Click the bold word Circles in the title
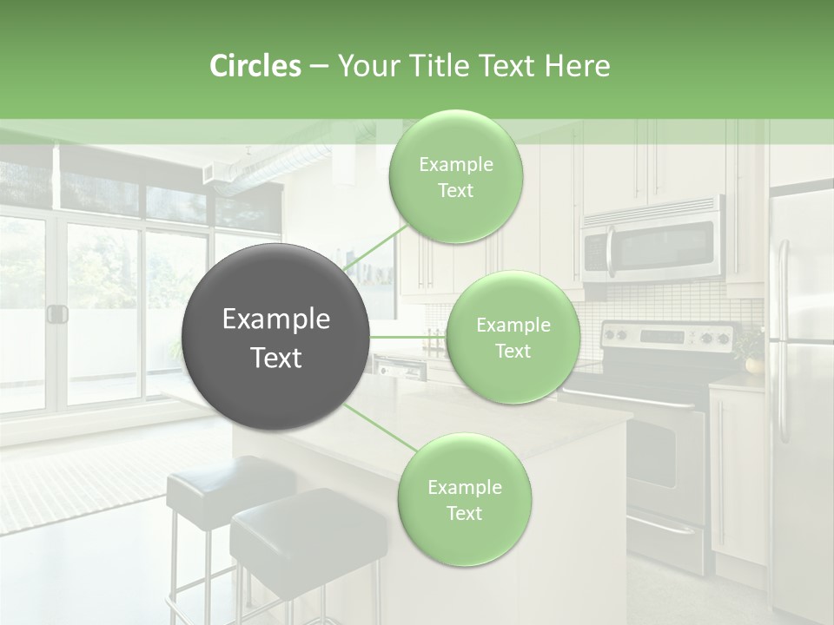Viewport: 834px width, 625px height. (255, 66)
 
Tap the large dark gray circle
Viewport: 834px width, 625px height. (276, 337)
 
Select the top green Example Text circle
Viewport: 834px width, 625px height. (455, 176)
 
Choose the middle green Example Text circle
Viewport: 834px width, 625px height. (513, 337)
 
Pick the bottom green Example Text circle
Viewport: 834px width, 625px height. (464, 499)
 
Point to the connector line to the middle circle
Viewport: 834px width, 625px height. (407, 337)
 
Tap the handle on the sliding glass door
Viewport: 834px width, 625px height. (57, 313)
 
